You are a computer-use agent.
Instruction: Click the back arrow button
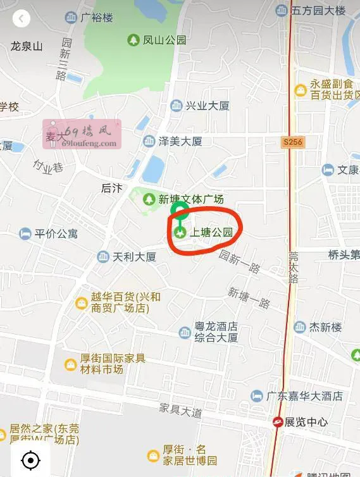coord(22,18)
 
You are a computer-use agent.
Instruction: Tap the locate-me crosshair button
coord(30,460)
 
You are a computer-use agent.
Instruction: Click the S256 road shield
coord(293,143)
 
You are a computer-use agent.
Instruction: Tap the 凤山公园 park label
coord(164,40)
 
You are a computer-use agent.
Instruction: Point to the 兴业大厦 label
coord(207,106)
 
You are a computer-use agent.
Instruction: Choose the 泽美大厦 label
coord(180,141)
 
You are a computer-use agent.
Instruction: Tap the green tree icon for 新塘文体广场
coord(149,199)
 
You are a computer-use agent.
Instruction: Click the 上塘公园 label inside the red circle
coord(211,233)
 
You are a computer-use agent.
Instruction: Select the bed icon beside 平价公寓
coord(25,234)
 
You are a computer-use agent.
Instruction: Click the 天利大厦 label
coord(133,257)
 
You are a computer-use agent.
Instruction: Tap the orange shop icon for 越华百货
coord(81,303)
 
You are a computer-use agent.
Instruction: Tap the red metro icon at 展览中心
coord(278,422)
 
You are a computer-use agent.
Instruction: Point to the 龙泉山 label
coord(27,46)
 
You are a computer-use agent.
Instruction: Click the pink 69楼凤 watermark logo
coord(81,135)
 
